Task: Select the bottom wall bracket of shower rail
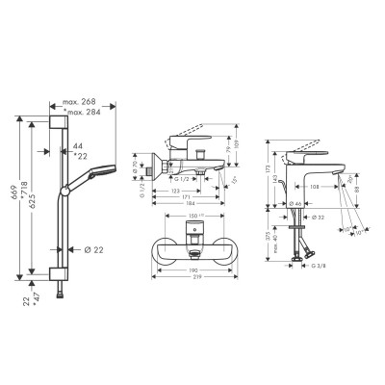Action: point(60,273)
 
